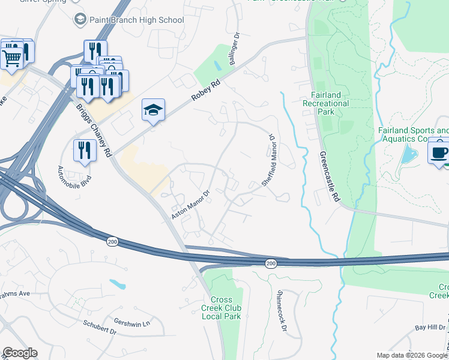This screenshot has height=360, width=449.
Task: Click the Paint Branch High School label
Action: point(136,20)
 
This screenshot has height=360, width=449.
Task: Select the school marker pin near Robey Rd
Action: point(153,111)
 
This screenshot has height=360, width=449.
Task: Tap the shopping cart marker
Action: point(11,58)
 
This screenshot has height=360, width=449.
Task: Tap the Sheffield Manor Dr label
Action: point(270,160)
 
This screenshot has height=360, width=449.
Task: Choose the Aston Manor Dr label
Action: point(190,205)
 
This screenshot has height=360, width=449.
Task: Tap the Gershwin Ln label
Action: point(131,324)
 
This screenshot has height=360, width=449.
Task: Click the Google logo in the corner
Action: point(20,353)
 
